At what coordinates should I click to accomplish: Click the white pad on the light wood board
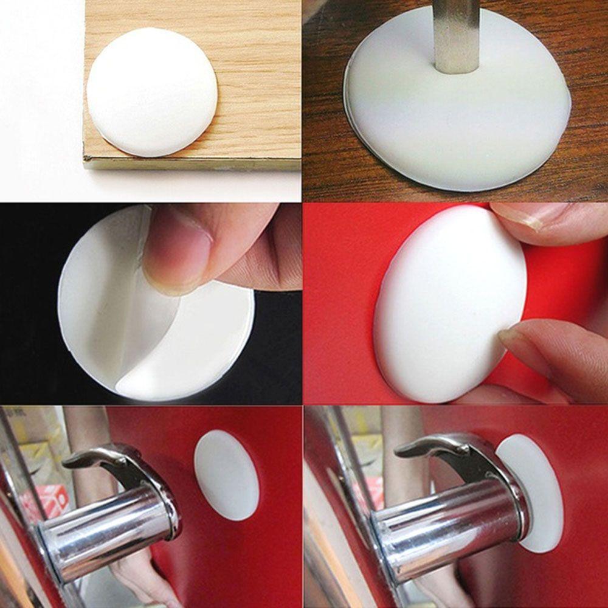click(151, 91)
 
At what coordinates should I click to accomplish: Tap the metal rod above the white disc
click(457, 33)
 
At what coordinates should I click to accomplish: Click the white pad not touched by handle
click(226, 475)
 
